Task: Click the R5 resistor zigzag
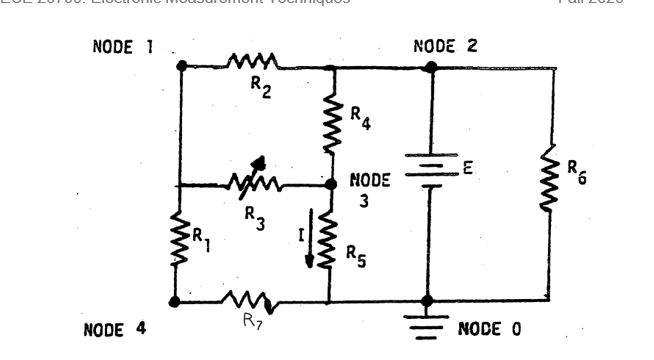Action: tap(330, 245)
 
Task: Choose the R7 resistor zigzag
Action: tap(245, 300)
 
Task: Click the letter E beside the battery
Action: tap(466, 171)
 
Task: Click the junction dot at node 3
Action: tap(331, 185)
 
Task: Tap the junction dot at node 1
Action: tap(180, 67)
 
